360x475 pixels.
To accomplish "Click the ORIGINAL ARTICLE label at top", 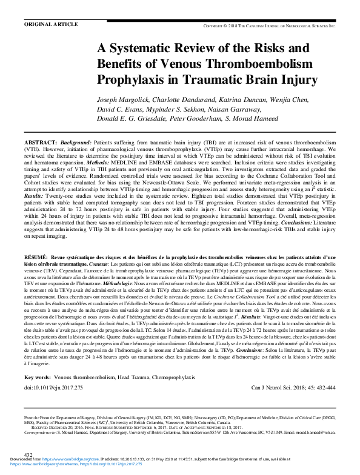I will pos(50,24).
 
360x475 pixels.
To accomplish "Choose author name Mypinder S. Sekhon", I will pos(175,109).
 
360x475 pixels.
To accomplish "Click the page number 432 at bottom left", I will pos(28,454).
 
